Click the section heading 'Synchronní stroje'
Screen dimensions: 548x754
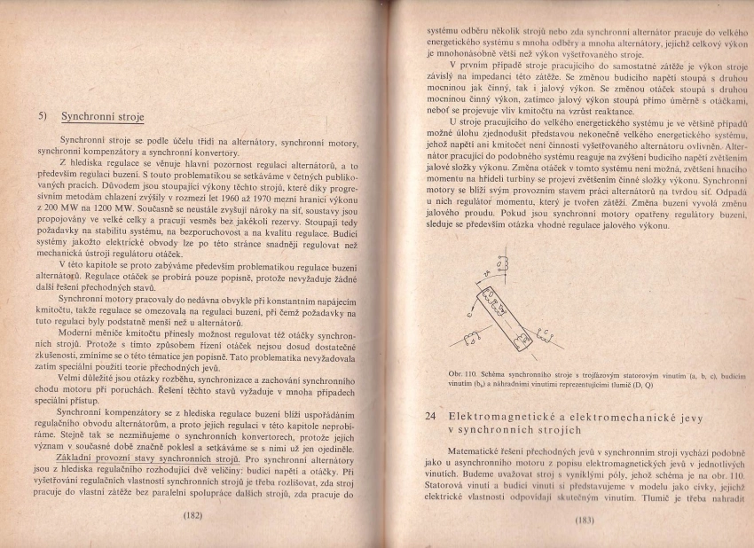pos(102,116)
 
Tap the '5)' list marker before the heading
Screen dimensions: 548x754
pos(43,116)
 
